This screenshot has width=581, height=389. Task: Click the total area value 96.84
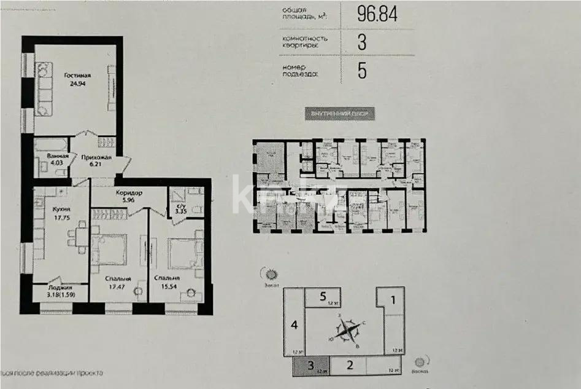pos(377,14)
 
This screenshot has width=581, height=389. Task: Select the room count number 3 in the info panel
pos(362,42)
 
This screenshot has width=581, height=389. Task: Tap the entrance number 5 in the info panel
pos(362,71)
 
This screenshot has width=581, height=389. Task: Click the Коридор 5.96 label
pos(129,196)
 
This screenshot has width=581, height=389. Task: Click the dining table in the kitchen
pos(77,237)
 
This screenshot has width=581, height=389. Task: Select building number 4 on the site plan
pos(294,324)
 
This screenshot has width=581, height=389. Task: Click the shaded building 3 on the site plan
pos(312,366)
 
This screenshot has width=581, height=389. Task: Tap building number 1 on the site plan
pos(394,301)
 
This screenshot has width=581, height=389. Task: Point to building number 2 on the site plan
pos(350,366)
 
